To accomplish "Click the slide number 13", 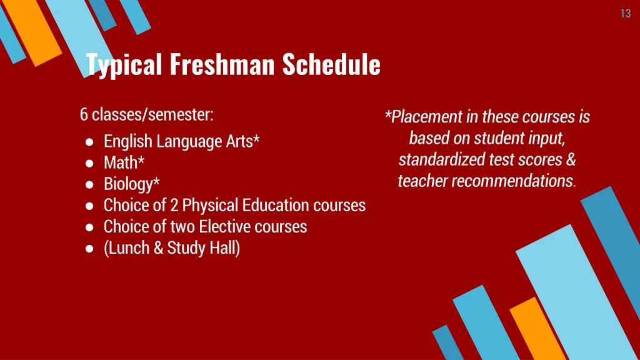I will tap(625, 14).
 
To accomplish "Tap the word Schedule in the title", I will tap(331, 64).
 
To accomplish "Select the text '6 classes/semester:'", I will tap(146, 115).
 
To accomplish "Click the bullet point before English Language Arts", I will tap(90, 142).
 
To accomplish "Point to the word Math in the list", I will tap(121, 163).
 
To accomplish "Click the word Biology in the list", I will tap(128, 184).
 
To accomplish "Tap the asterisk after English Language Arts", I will tap(256, 140).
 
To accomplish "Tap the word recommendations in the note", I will tap(512, 181).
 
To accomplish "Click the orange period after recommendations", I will tap(575, 185).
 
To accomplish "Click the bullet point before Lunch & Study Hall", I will tap(90, 249).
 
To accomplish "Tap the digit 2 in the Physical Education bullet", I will tap(174, 206).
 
